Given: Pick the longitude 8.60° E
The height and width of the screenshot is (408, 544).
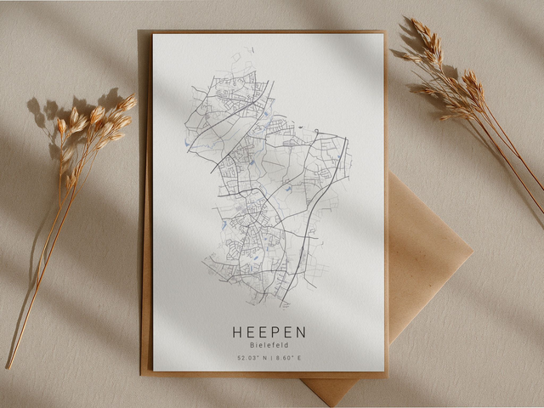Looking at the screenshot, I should coord(289,359).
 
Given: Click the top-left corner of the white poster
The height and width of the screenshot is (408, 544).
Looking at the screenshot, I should coord(154,35).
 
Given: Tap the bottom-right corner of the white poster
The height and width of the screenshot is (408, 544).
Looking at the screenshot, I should coord(384,371).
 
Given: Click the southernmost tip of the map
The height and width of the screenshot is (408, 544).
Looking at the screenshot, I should coord(285,307).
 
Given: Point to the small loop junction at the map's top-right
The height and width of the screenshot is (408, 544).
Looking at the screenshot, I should coord(315,132).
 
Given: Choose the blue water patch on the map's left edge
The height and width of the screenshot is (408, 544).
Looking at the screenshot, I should coord(223,224).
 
